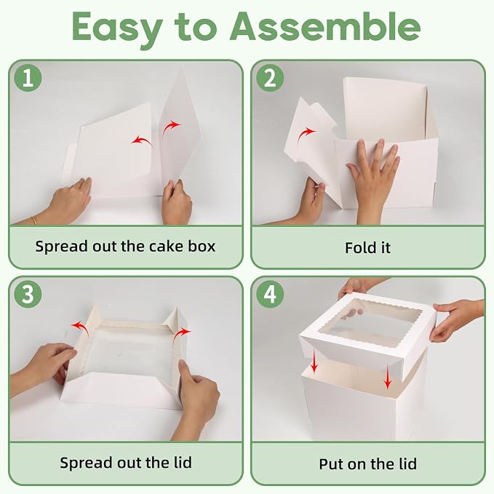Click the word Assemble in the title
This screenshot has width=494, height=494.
click(327, 27)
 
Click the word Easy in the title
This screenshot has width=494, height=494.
click(117, 30)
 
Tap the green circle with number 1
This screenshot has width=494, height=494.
click(28, 78)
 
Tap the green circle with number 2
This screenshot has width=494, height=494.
click(270, 78)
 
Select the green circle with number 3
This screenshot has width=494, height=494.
click(28, 294)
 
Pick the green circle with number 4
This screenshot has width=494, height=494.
click(270, 294)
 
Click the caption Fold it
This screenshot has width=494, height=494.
click(367, 248)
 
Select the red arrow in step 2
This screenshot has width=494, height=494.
click(305, 135)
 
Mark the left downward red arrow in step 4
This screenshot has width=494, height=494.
click(314, 362)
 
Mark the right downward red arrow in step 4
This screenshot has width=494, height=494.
click(388, 377)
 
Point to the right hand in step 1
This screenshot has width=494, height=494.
click(176, 202)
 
